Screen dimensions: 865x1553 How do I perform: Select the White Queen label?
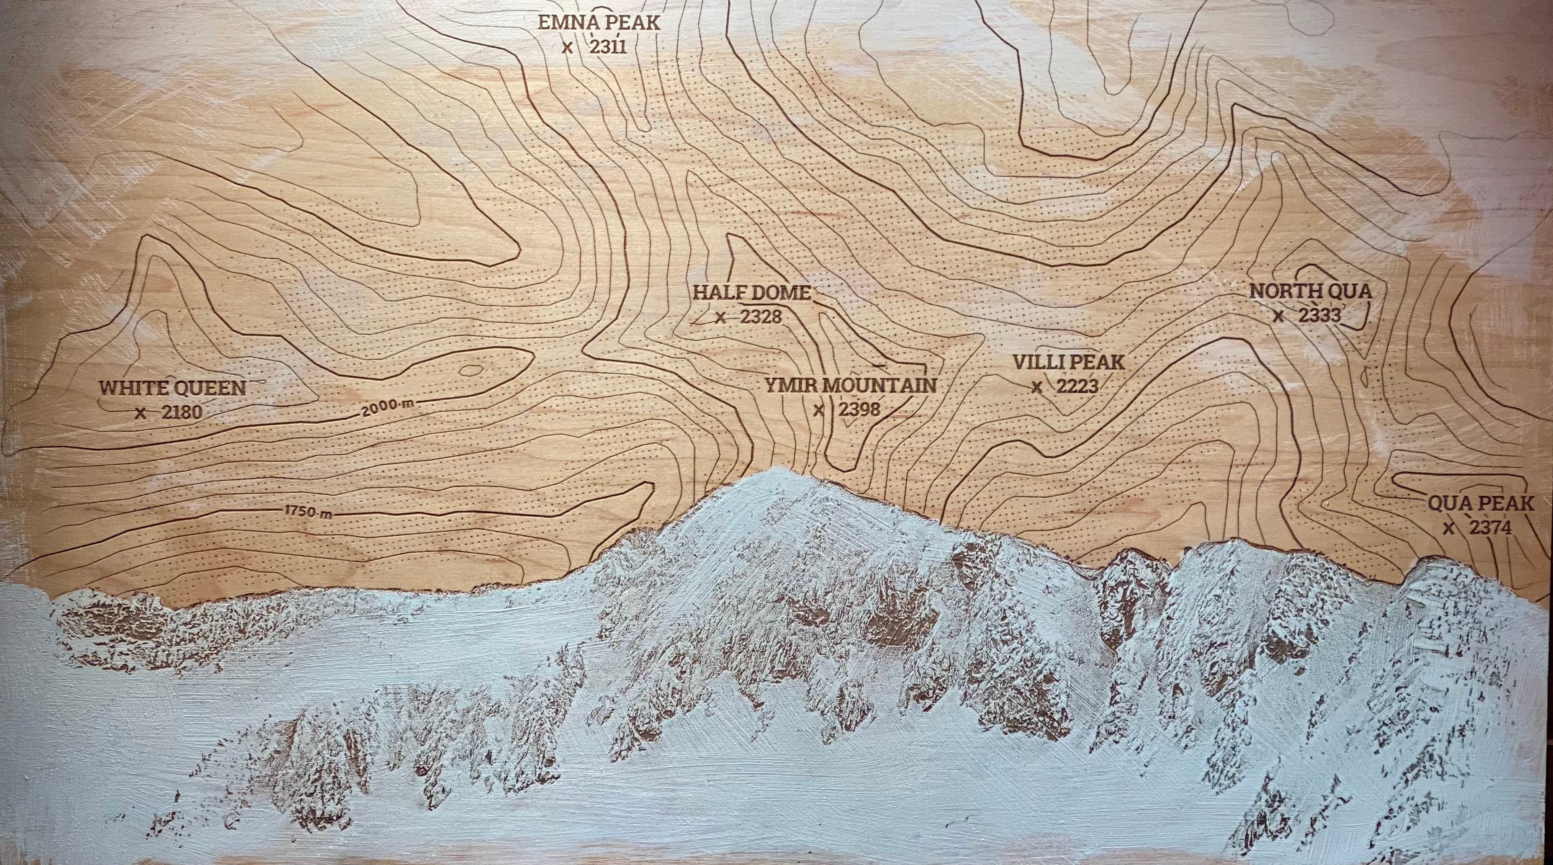[x=173, y=388]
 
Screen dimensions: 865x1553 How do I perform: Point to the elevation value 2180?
[x=181, y=413]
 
